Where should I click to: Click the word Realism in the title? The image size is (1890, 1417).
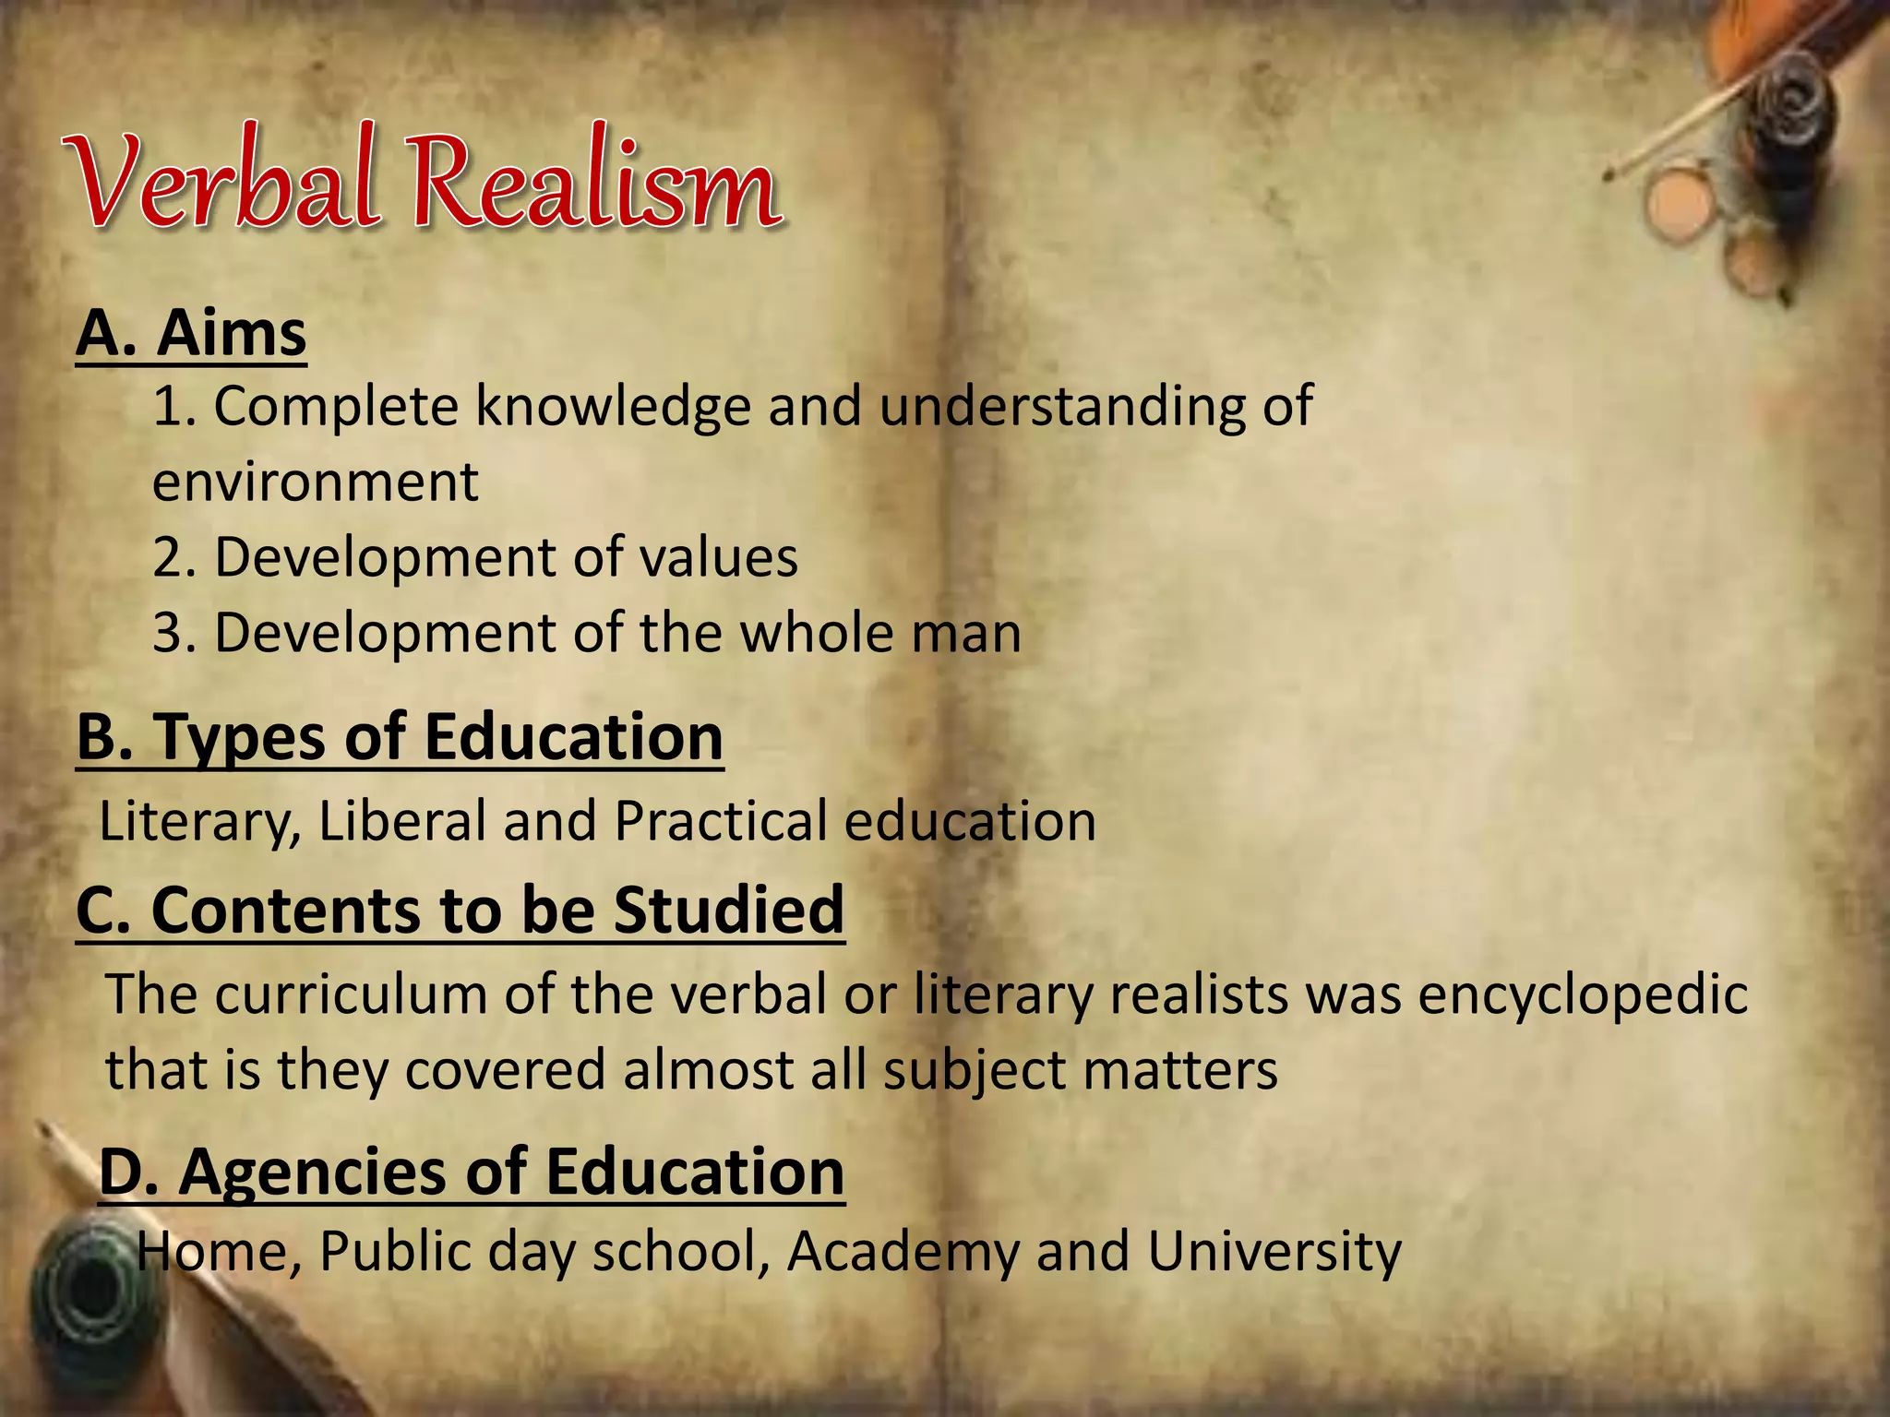tap(595, 181)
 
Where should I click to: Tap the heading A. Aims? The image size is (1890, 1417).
tap(191, 333)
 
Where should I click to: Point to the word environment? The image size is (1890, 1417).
tap(316, 482)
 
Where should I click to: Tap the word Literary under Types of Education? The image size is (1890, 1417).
tap(199, 821)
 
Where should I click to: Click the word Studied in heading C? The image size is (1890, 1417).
tap(729, 910)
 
